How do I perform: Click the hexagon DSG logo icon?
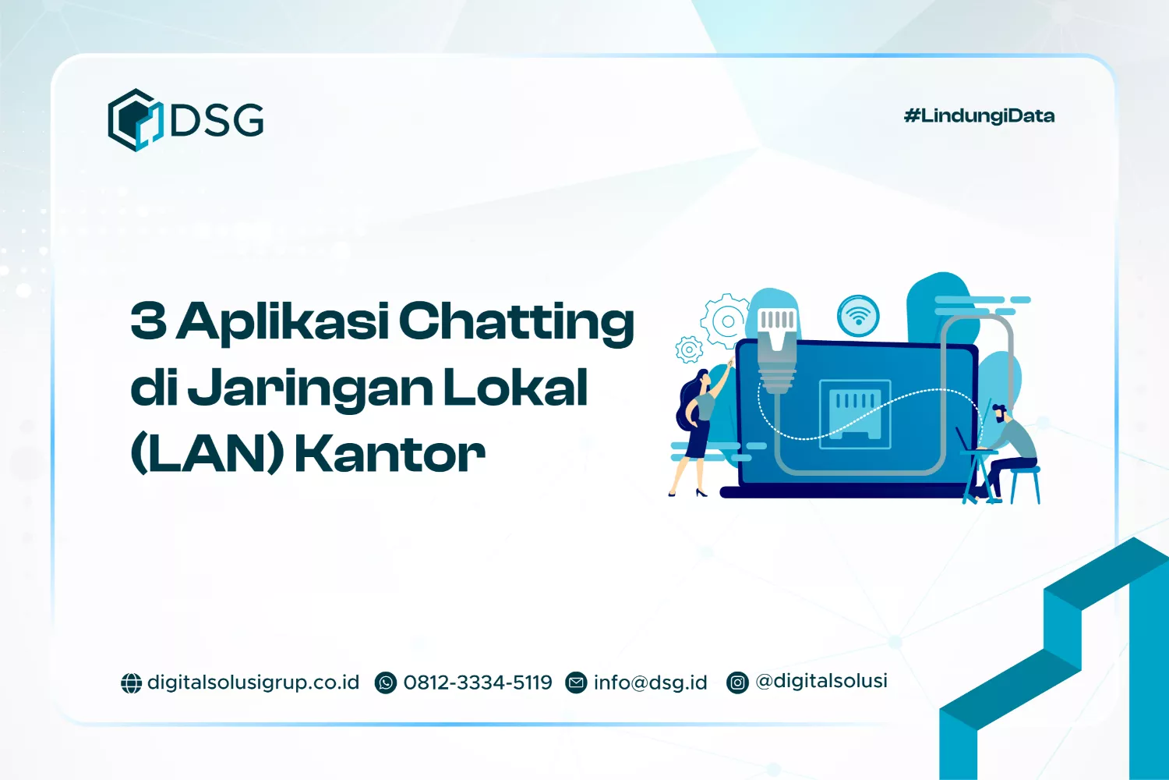coord(134,119)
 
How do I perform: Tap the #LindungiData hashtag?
coord(979,116)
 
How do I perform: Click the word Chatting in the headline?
coord(517,321)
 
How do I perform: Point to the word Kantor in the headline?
coord(390,454)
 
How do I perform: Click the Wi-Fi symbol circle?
coord(858,316)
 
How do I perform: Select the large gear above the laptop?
coord(727,320)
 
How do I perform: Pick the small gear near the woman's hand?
coord(689,349)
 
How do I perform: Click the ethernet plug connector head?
coord(777,335)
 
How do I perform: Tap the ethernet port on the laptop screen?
coord(855,412)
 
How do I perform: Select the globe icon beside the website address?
coord(131,683)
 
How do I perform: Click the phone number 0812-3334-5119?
coord(477,682)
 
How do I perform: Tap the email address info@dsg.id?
coord(650,682)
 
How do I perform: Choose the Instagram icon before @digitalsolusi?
coord(737,682)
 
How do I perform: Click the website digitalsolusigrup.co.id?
coord(253,682)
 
